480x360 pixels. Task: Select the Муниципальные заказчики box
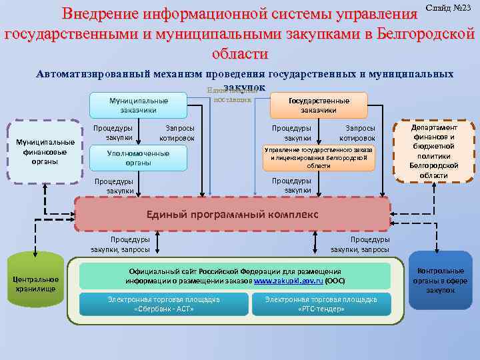[x=139, y=105]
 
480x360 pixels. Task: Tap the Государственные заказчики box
[x=319, y=105]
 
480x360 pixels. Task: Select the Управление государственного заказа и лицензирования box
[x=319, y=157]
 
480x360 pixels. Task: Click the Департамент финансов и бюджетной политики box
[x=434, y=151]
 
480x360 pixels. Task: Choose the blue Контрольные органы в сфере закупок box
[x=440, y=281]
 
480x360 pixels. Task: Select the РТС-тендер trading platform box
[x=322, y=304]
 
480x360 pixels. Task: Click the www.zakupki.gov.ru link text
[x=289, y=281]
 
